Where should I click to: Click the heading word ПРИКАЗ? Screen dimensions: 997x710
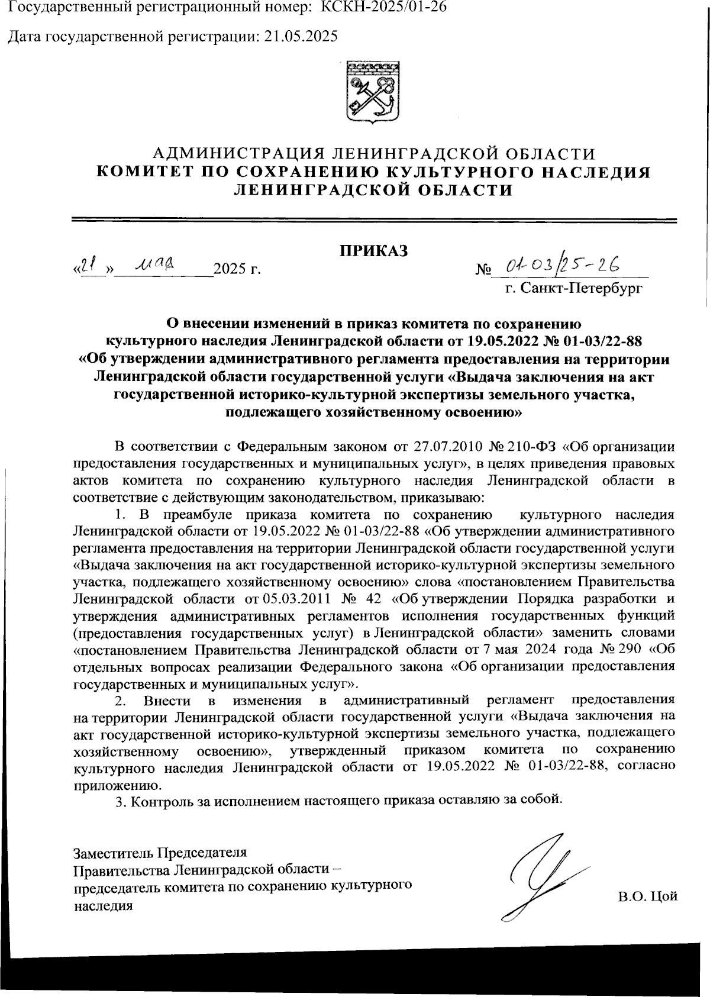pos(373,251)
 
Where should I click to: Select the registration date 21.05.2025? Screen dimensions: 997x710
pos(301,37)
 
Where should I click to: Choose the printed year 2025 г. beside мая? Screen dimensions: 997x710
pos(237,270)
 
